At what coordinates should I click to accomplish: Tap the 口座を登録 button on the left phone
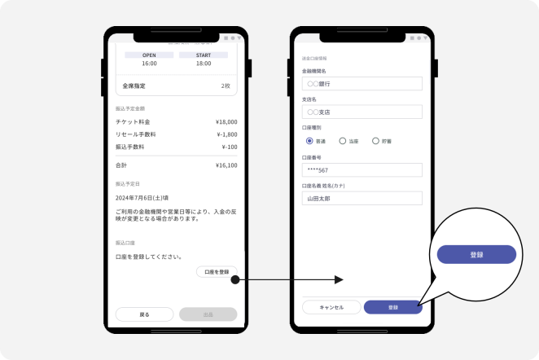click(x=217, y=272)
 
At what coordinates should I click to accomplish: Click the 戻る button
click(x=144, y=314)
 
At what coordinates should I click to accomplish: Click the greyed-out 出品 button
click(x=208, y=314)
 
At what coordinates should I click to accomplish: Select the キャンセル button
click(x=331, y=307)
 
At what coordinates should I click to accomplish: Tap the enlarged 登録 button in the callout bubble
click(x=476, y=254)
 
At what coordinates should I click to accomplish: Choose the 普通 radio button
click(x=309, y=141)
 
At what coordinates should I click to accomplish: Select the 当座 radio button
click(x=343, y=141)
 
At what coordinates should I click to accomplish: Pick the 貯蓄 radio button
click(x=375, y=141)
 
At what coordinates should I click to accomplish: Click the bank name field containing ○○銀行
click(x=362, y=83)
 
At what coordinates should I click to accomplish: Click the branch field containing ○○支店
click(x=362, y=112)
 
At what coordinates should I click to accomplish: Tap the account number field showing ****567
click(x=362, y=169)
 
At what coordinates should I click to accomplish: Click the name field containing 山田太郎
click(x=362, y=198)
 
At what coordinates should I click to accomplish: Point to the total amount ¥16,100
click(x=226, y=165)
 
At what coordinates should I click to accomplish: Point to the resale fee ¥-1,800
click(x=226, y=134)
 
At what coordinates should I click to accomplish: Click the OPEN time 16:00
click(x=149, y=63)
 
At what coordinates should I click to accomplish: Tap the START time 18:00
click(x=204, y=63)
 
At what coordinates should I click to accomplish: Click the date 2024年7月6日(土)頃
click(x=142, y=198)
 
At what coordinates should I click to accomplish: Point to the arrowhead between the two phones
click(x=340, y=279)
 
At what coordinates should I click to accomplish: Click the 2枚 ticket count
click(x=225, y=86)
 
